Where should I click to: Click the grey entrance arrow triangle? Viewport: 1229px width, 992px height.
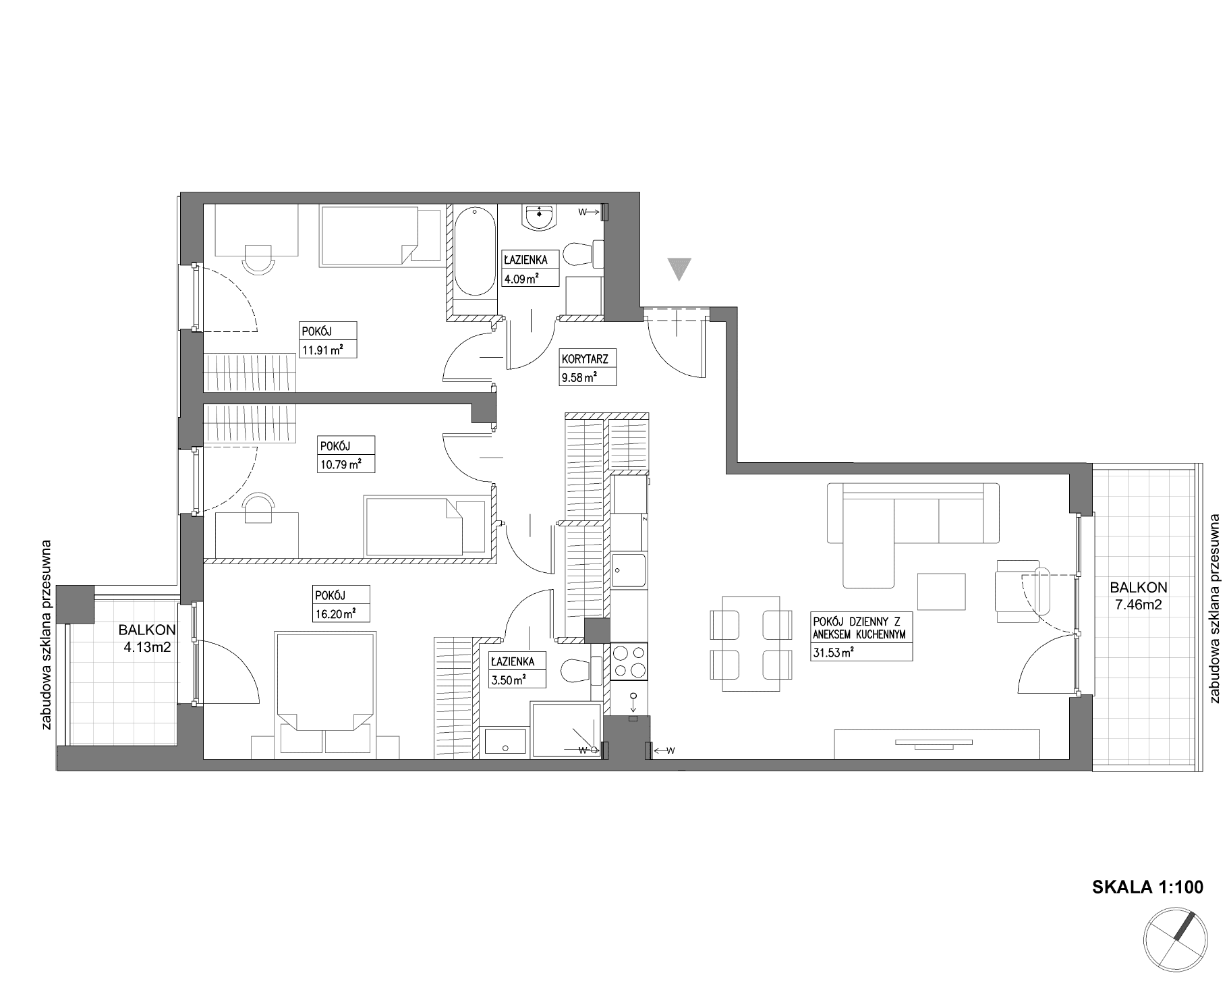pyautogui.click(x=681, y=269)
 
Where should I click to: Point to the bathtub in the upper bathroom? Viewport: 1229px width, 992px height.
pyautogui.click(x=475, y=251)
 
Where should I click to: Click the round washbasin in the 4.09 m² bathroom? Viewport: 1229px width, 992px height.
pyautogui.click(x=540, y=217)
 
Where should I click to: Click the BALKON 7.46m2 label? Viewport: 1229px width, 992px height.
pyautogui.click(x=1138, y=596)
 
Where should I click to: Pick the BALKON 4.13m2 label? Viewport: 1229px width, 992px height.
pyautogui.click(x=147, y=638)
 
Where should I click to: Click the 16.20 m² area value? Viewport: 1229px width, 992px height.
pyautogui.click(x=335, y=613)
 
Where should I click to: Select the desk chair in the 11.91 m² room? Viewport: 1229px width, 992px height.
pyautogui.click(x=259, y=258)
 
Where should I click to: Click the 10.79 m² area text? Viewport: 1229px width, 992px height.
pyautogui.click(x=339, y=464)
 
